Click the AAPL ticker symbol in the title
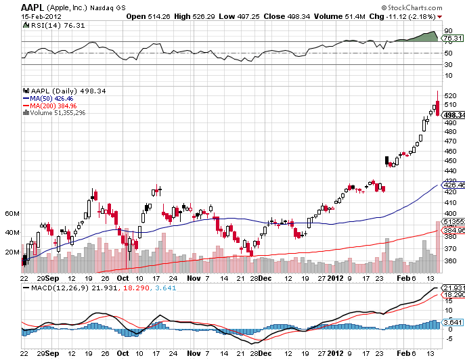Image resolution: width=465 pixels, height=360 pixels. [32, 7]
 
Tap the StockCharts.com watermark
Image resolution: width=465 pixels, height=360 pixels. [412, 7]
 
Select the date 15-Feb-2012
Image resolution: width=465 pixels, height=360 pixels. [41, 17]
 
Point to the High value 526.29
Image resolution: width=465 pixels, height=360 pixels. [204, 17]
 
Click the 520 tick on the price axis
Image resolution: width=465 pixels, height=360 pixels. [451, 96]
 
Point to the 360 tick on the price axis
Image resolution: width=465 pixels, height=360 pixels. [451, 261]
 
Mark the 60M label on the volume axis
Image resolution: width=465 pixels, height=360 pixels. [12, 214]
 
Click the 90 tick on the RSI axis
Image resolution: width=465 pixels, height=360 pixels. [448, 31]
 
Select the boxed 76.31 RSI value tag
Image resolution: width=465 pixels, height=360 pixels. [453, 39]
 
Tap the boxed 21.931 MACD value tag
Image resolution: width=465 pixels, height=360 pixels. [453, 288]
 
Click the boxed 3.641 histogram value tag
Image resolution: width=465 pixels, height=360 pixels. [453, 322]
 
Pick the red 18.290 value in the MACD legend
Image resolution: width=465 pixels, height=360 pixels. [136, 288]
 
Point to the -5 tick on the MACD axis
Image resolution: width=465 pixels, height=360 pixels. [449, 338]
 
